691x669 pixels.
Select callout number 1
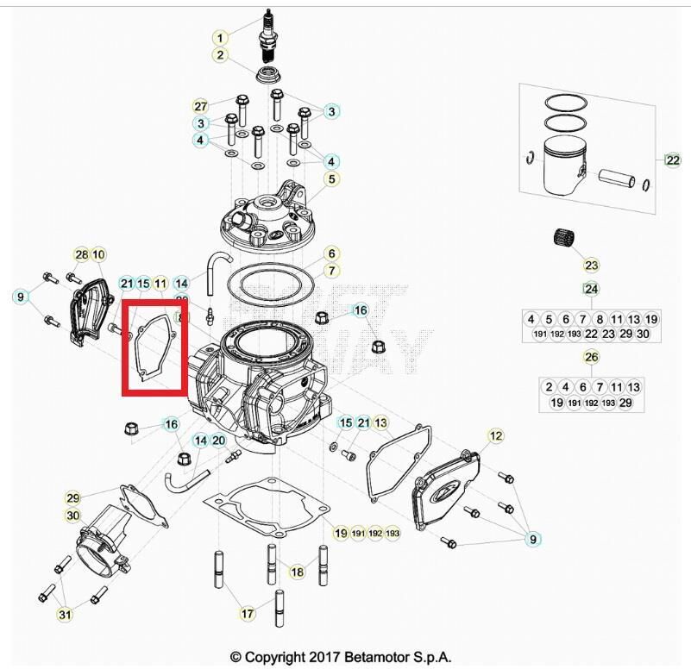point(221,38)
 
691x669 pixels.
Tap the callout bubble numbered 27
point(200,106)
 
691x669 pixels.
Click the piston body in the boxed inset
point(564,169)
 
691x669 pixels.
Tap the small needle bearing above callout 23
point(564,236)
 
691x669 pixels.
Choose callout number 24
point(591,289)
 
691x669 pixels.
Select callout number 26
point(591,357)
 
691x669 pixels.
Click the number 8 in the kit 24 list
point(600,319)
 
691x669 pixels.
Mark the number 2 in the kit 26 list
point(549,387)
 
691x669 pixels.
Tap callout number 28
point(82,254)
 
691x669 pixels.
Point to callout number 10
point(98,254)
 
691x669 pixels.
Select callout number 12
point(495,437)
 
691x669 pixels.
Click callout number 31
point(65,615)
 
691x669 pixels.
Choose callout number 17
point(248,614)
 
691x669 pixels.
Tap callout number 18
point(297,572)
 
